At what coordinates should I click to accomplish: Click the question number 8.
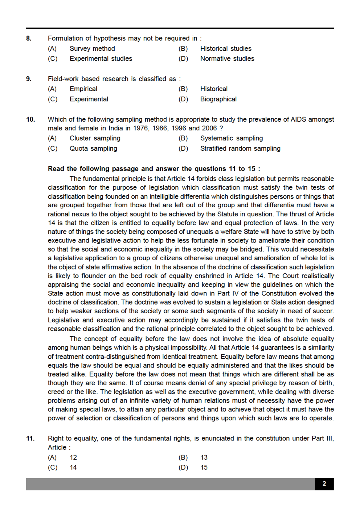(x=29, y=38)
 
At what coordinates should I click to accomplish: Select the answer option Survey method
(x=92, y=49)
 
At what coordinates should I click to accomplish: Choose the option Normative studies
(x=227, y=59)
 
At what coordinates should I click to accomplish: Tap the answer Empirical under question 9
(x=83, y=89)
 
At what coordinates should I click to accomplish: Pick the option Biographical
(x=218, y=99)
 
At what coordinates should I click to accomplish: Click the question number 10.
(x=30, y=119)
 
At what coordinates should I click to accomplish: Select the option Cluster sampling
(x=95, y=138)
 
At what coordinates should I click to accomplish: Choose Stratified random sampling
(x=240, y=148)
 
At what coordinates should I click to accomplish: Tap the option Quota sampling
(x=93, y=148)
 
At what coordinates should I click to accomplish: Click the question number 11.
(x=30, y=439)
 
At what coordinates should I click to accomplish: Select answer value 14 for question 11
(x=73, y=468)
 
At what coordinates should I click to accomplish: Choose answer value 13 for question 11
(x=204, y=457)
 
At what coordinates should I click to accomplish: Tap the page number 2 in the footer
(x=324, y=484)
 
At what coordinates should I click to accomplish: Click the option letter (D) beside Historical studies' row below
(x=183, y=59)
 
